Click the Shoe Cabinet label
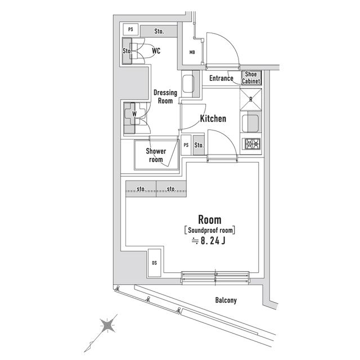click(x=251, y=78)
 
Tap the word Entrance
click(x=221, y=78)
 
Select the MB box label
click(x=192, y=53)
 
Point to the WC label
click(x=156, y=51)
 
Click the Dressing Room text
click(x=165, y=97)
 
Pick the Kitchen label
click(x=213, y=119)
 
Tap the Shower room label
click(x=156, y=155)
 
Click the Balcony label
click(x=226, y=300)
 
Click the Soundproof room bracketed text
click(x=209, y=229)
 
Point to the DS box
click(x=154, y=262)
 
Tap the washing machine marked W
click(x=134, y=114)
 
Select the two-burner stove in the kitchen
click(x=250, y=145)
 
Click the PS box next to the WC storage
click(x=130, y=29)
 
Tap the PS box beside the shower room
click(x=186, y=145)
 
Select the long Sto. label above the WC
click(x=159, y=30)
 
